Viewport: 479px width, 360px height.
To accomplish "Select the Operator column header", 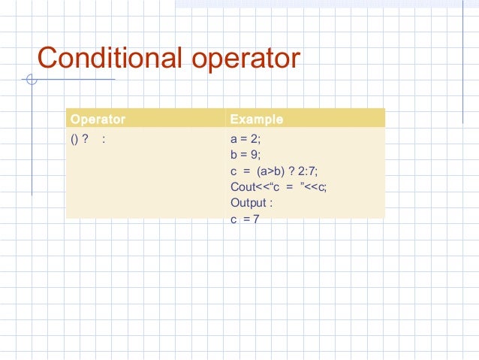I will pyautogui.click(x=98, y=119).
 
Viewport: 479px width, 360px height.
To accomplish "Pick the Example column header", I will pyautogui.click(x=256, y=119).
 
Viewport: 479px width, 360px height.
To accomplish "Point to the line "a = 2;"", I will pyautogui.click(x=246, y=139).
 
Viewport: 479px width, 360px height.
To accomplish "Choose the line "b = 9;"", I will pyautogui.click(x=246, y=155).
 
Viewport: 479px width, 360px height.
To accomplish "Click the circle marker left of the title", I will pyautogui.click(x=31, y=79).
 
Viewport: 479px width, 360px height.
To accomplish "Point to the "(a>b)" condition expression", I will pyautogui.click(x=270, y=171).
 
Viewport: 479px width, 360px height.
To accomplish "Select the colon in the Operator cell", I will pyautogui.click(x=103, y=140).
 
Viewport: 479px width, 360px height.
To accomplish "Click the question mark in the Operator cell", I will pyautogui.click(x=86, y=139).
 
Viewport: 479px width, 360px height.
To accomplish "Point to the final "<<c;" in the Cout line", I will pyautogui.click(x=317, y=187).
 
